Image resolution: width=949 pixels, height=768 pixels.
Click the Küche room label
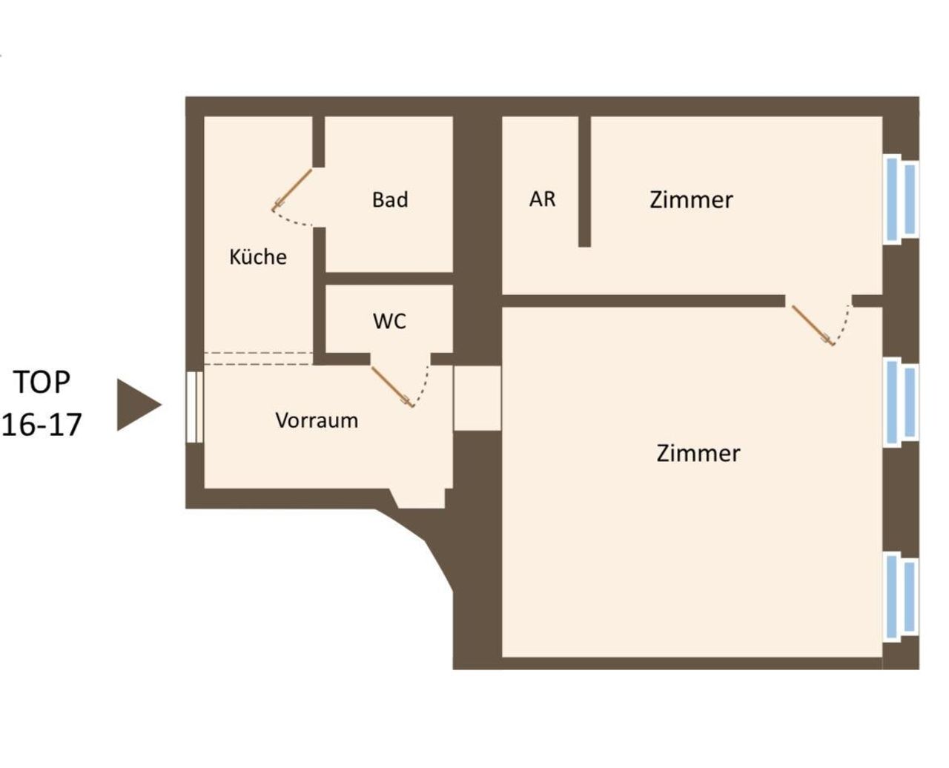click(258, 256)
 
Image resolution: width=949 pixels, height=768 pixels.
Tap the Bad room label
click(390, 199)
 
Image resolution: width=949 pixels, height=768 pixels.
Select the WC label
click(389, 321)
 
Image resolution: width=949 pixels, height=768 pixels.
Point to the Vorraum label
click(317, 420)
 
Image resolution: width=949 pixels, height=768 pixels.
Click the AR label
click(542, 199)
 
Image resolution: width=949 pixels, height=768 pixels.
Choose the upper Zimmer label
click(691, 199)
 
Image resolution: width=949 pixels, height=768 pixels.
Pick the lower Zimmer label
click(698, 453)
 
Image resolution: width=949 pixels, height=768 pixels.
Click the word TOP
click(42, 382)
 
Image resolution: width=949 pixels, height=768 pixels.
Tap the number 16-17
click(42, 424)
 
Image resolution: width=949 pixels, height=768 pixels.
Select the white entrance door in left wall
click(194, 407)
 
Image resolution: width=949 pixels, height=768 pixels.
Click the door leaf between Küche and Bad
click(292, 189)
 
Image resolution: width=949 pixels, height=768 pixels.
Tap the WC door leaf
click(392, 387)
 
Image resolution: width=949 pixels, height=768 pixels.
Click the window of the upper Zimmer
click(900, 199)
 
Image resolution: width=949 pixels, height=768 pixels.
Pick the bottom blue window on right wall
click(900, 596)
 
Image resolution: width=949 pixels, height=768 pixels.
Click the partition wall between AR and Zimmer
click(584, 182)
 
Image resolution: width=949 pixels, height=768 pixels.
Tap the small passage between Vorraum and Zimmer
click(477, 398)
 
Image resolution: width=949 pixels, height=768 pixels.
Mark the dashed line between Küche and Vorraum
click(259, 359)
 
